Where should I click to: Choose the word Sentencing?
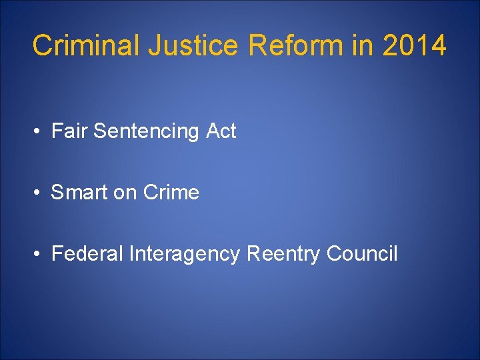(147, 132)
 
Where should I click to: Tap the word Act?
(221, 131)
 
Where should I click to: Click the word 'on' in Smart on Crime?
(125, 193)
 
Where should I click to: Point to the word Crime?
(171, 193)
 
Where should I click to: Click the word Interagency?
(184, 255)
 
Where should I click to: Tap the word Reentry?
(284, 255)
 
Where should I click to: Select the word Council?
(362, 254)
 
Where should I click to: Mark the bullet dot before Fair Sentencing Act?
(38, 132)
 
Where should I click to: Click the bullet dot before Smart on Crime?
(38, 193)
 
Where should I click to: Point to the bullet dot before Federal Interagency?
(38, 255)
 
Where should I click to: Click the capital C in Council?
(333, 254)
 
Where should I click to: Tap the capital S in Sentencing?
(100, 131)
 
